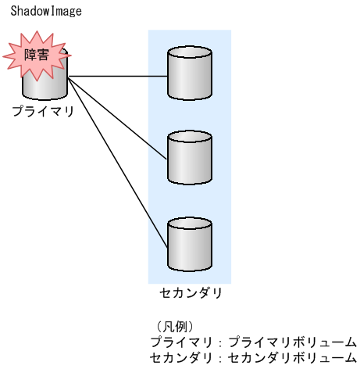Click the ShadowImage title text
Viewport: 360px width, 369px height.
coord(45,13)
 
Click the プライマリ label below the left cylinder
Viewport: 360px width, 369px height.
coord(43,112)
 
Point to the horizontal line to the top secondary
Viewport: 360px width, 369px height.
coord(117,77)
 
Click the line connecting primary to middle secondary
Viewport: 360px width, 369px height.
coord(117,117)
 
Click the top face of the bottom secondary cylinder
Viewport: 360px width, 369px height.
coord(190,221)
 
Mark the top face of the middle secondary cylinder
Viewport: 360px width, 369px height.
coord(190,137)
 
